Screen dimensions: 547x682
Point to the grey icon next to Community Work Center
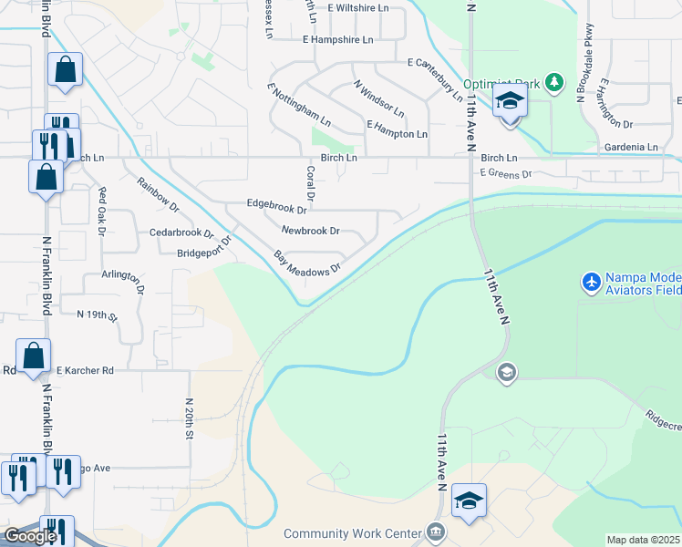click(436, 532)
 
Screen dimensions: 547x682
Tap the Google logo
click(29, 536)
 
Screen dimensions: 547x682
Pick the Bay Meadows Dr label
click(307, 262)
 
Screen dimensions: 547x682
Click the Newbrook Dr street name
click(310, 232)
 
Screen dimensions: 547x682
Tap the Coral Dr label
click(311, 182)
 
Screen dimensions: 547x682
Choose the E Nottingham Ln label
click(298, 105)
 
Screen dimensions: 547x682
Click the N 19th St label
click(98, 315)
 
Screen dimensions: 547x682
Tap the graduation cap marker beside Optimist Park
click(510, 101)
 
